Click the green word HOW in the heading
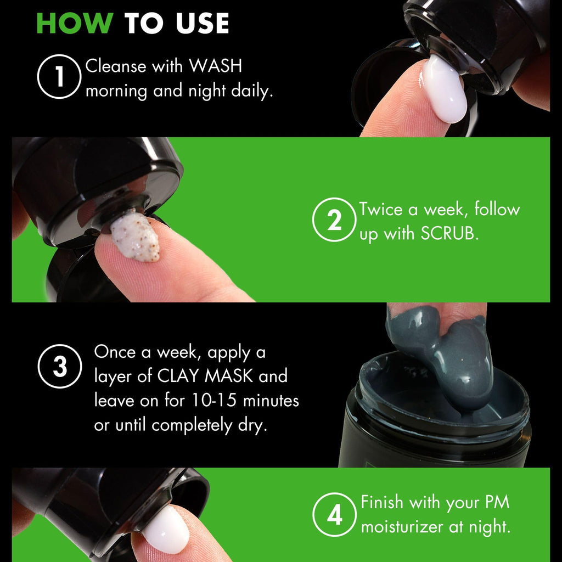pos(75,23)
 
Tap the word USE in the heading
pos(202,23)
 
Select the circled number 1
pos(59,76)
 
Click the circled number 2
pos(334,220)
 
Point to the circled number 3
pos(60,366)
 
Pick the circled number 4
pos(334,515)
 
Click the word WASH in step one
pos(215,66)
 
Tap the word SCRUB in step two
pos(449,234)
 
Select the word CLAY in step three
pos(178,376)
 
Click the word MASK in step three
pos(229,376)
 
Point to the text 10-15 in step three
pos(214,400)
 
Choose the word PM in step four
pos(497,503)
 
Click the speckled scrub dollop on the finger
pos(135,235)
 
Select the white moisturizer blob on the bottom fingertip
pos(166,529)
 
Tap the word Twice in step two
pos(381,209)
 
